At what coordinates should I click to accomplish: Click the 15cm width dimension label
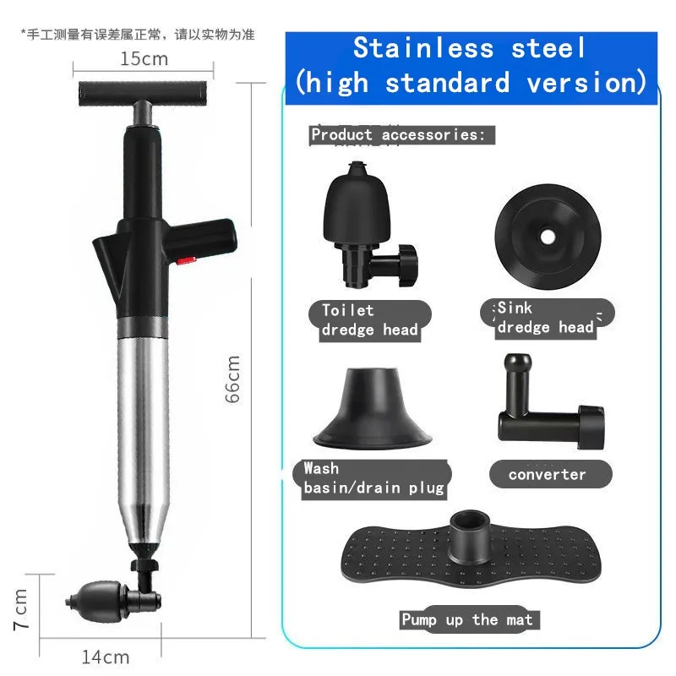[x=144, y=59]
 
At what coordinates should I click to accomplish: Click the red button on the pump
[x=188, y=262]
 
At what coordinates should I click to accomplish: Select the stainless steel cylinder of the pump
[x=144, y=422]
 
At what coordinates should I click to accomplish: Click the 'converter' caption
[x=547, y=475]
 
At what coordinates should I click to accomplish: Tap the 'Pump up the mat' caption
[x=466, y=620]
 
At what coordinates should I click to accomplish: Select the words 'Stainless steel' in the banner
[x=469, y=47]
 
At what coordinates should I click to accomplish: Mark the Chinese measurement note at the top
[x=138, y=35]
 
